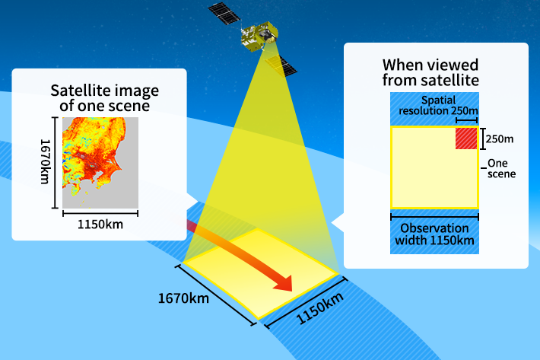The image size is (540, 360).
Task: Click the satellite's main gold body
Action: click(259, 36)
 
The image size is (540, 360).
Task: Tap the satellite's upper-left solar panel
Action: click(224, 14)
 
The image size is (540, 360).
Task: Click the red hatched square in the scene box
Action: click(466, 139)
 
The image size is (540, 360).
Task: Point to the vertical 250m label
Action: click(500, 139)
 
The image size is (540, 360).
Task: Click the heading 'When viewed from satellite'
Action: click(430, 72)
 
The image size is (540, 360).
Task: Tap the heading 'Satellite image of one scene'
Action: click(105, 98)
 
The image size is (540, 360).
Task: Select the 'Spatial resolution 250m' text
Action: click(438, 106)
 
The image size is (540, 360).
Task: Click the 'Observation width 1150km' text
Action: click(434, 234)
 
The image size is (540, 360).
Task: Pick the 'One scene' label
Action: click(501, 168)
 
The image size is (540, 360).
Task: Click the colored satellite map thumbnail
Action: click(100, 163)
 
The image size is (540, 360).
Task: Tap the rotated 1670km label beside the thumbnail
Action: click(45, 161)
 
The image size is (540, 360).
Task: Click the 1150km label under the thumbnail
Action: click(100, 225)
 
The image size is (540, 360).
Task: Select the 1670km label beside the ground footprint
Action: click(183, 298)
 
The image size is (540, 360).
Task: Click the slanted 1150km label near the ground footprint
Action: click(320, 308)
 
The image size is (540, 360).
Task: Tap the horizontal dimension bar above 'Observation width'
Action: click(434, 217)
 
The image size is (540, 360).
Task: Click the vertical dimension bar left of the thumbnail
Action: click(55, 163)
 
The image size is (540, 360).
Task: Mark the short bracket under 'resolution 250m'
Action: click(467, 120)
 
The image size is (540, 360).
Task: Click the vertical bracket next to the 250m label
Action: click(483, 139)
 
